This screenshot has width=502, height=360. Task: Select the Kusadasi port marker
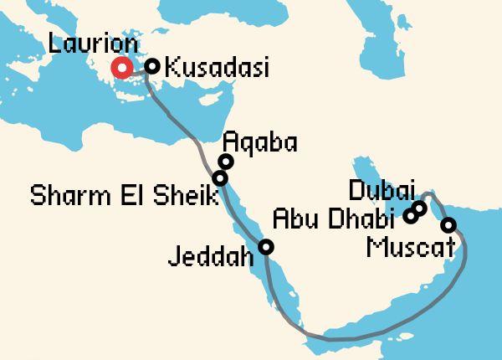(x=152, y=66)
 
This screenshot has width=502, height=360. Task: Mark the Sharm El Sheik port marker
(x=220, y=178)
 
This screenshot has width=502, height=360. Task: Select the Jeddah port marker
(x=265, y=246)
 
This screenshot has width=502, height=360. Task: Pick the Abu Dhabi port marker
(x=410, y=217)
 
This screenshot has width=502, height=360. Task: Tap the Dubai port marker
(x=420, y=208)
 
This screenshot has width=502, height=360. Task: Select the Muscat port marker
(x=448, y=224)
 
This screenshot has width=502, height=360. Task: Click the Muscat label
(x=411, y=247)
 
